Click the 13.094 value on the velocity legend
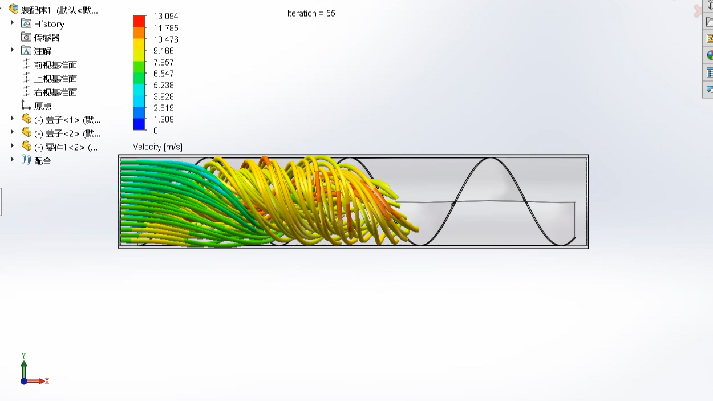[165, 17]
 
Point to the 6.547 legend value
[163, 74]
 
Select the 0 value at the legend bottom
[156, 131]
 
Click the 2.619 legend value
[163, 108]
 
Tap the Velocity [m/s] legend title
[157, 147]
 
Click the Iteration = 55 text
[311, 13]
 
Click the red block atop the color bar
[139, 21]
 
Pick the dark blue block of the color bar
[139, 124]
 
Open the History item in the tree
[48, 24]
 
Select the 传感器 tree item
[46, 38]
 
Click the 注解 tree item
[42, 51]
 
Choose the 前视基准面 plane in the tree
[55, 65]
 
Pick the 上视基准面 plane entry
[55, 79]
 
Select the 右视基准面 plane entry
[55, 92]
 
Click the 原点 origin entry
[42, 106]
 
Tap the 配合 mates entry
[42, 161]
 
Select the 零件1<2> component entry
[65, 147]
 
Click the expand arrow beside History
[13, 23]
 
